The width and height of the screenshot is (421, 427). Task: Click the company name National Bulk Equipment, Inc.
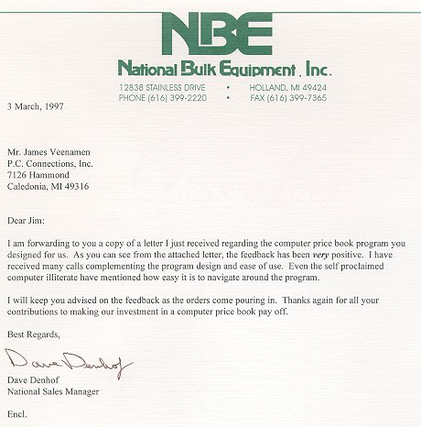click(x=224, y=69)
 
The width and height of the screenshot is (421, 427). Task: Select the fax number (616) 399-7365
click(x=288, y=97)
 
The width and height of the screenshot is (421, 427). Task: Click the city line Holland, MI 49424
click(x=287, y=87)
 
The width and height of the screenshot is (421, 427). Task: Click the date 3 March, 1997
click(x=38, y=106)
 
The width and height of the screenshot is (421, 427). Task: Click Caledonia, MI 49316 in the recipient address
click(x=57, y=185)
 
